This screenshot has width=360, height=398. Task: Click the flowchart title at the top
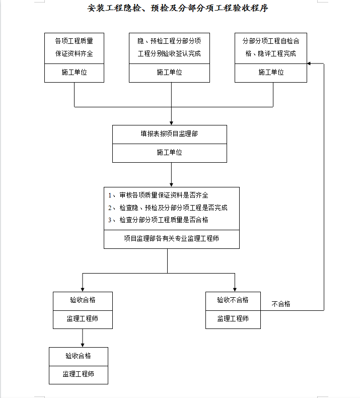tap(178, 8)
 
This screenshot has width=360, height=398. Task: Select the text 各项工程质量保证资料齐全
tap(74, 47)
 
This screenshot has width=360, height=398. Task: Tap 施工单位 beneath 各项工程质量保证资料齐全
tap(74, 73)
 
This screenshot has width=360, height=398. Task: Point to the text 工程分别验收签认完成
tap(169, 53)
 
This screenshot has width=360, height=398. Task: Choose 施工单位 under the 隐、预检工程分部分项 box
tap(169, 73)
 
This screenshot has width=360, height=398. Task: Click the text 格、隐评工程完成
tap(271, 53)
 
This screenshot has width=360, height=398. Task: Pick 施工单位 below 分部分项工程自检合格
tap(271, 73)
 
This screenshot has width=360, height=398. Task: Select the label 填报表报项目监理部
tap(169, 134)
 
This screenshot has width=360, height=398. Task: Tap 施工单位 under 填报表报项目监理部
tap(169, 152)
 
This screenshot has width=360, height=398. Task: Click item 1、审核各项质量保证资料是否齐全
tap(158, 195)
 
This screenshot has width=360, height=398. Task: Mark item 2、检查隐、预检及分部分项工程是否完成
tap(168, 208)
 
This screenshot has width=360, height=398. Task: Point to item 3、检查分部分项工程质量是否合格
tap(158, 220)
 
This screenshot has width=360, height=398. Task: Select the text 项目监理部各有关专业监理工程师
tap(172, 239)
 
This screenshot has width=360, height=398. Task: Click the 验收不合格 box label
tap(233, 300)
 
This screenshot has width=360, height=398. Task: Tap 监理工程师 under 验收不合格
tap(233, 318)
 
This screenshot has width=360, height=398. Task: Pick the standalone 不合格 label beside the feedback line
tap(281, 304)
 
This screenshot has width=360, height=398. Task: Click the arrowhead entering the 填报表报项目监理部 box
tap(171, 123)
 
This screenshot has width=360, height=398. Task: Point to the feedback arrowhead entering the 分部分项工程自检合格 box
tap(309, 63)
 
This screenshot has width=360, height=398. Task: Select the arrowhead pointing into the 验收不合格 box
tap(235, 290)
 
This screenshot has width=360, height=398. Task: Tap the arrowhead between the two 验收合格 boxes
tap(83, 345)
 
